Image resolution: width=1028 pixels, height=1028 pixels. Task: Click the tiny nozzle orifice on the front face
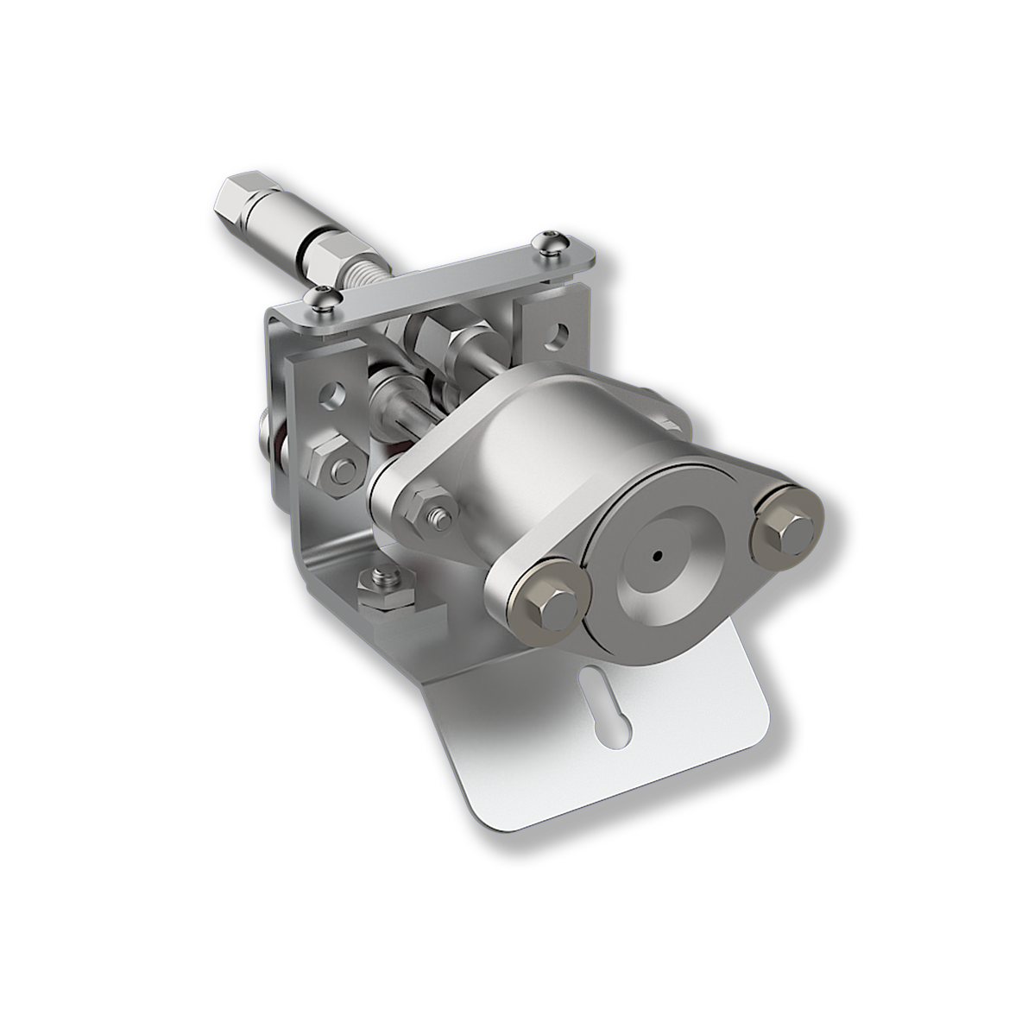tap(659, 556)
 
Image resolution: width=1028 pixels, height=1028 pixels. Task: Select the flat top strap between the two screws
tap(449, 278)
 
